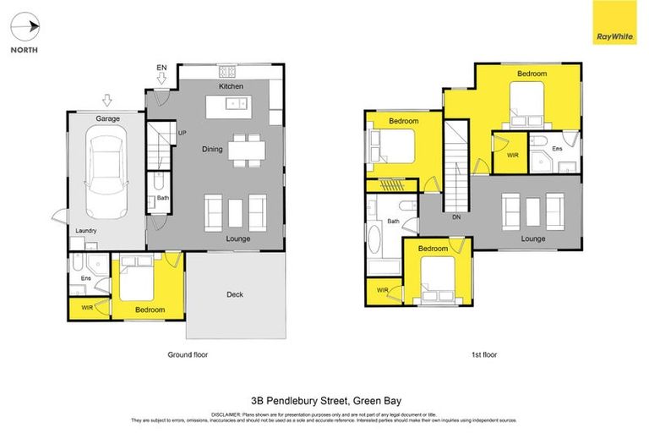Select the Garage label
(106, 120)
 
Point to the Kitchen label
(231, 87)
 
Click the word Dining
(212, 150)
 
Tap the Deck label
(234, 294)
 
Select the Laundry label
(86, 231)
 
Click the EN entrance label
(161, 68)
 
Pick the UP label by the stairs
(182, 133)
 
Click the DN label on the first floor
(455, 217)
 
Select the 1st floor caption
(483, 354)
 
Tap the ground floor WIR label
(88, 308)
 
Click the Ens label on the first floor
(557, 150)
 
